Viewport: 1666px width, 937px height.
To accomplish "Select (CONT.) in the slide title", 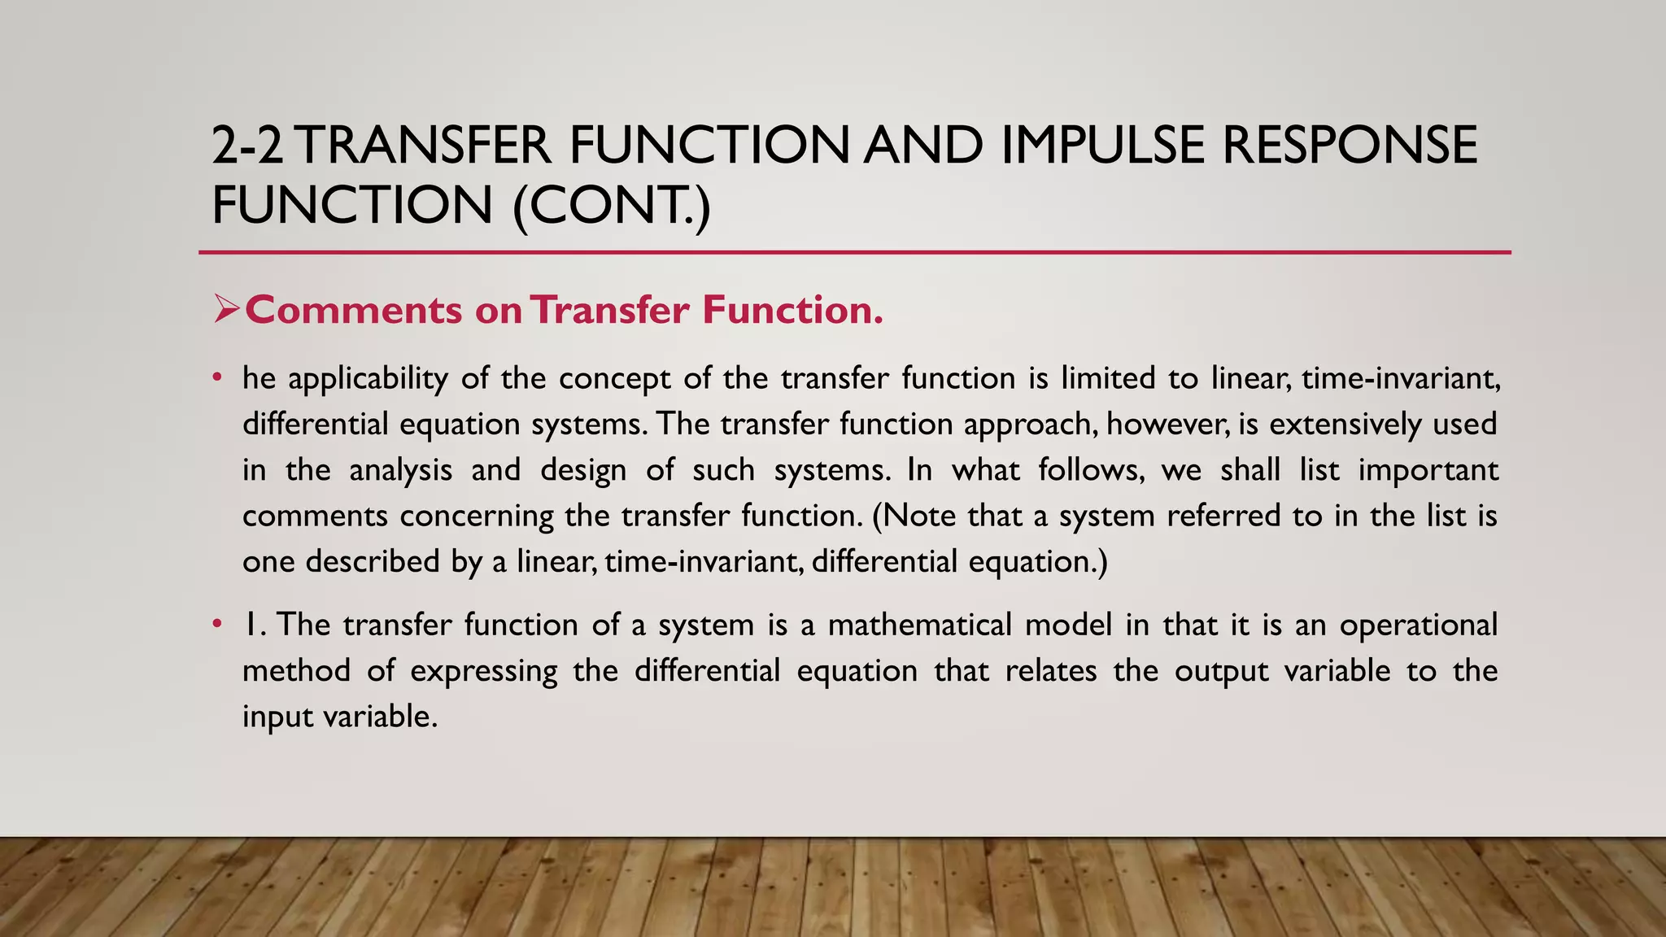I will [x=612, y=205].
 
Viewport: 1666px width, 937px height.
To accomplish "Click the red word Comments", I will [x=354, y=310].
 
